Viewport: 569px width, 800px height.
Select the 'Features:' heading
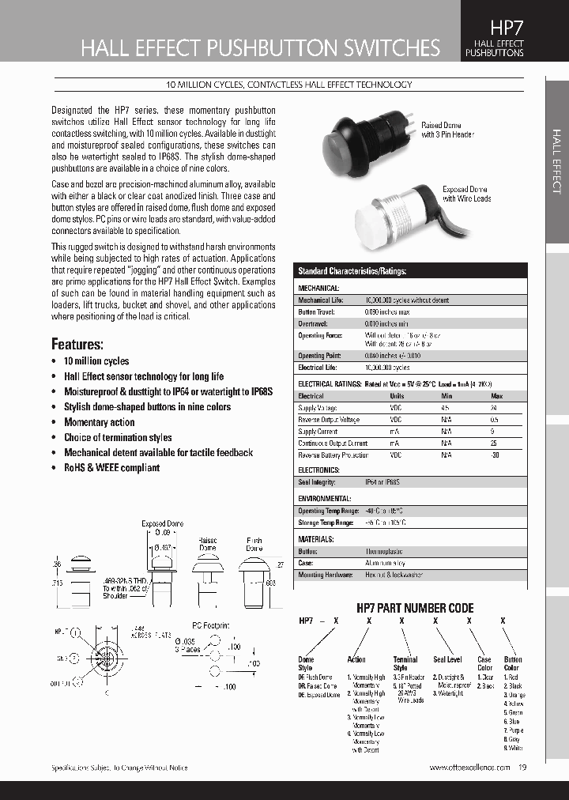tap(77, 344)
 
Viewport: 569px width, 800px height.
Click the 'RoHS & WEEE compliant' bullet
tap(111, 468)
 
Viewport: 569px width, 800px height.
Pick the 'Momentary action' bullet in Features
tap(99, 422)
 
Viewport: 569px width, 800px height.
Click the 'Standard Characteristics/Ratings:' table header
tap(352, 271)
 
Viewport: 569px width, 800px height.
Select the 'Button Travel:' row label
tap(318, 312)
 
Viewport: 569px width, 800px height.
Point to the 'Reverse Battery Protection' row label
tap(333, 455)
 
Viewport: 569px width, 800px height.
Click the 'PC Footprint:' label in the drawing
tap(213, 625)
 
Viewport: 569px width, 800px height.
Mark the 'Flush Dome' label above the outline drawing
tap(254, 544)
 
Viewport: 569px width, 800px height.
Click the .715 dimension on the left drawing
tap(57, 582)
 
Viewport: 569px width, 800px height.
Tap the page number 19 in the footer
tap(524, 768)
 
